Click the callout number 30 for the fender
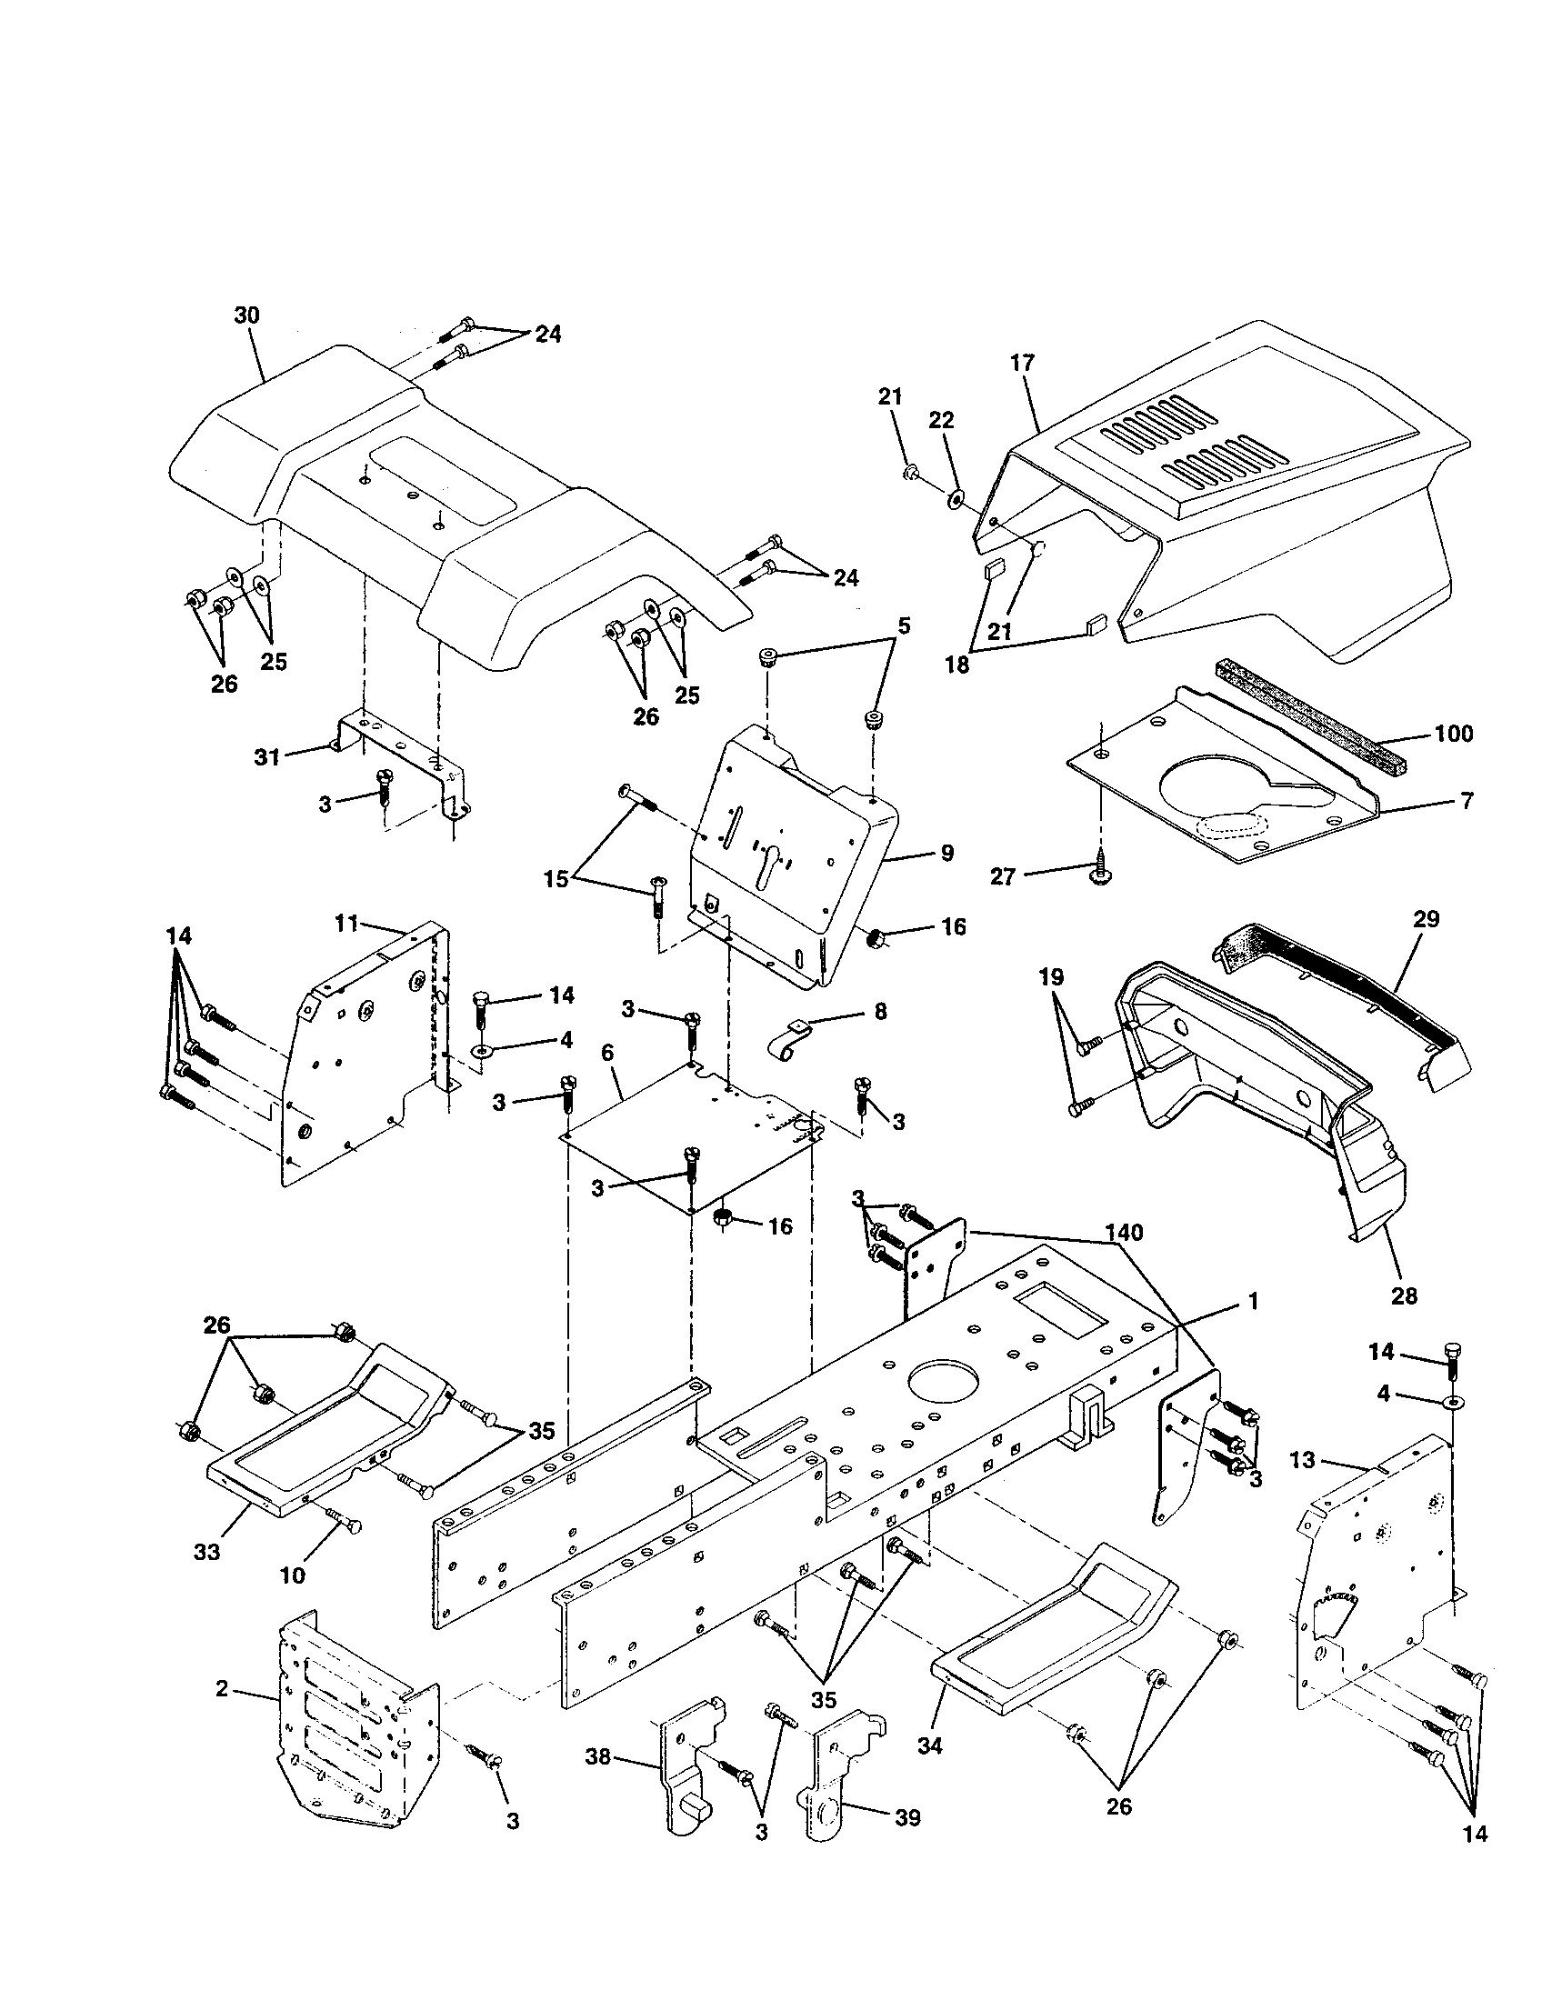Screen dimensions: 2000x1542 pos(246,316)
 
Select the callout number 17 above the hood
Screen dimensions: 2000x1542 pos(1022,363)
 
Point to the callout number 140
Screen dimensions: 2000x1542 pos(1124,1233)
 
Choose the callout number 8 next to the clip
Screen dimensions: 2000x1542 pos(880,1012)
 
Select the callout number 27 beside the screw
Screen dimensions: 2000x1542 pos(1003,877)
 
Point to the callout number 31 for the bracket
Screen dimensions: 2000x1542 pos(266,757)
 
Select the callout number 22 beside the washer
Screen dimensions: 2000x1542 pos(941,420)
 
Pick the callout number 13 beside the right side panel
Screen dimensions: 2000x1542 pos(1303,1460)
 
